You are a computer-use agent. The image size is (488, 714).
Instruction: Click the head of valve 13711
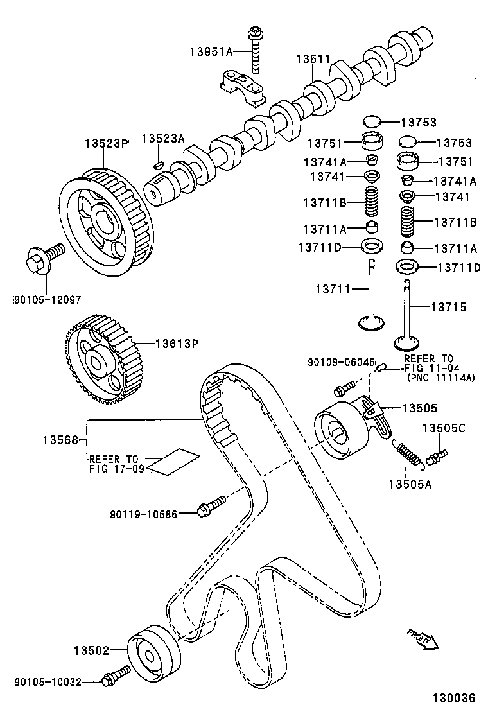click(x=370, y=322)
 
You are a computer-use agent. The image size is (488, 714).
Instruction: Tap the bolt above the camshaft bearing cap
click(x=256, y=48)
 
